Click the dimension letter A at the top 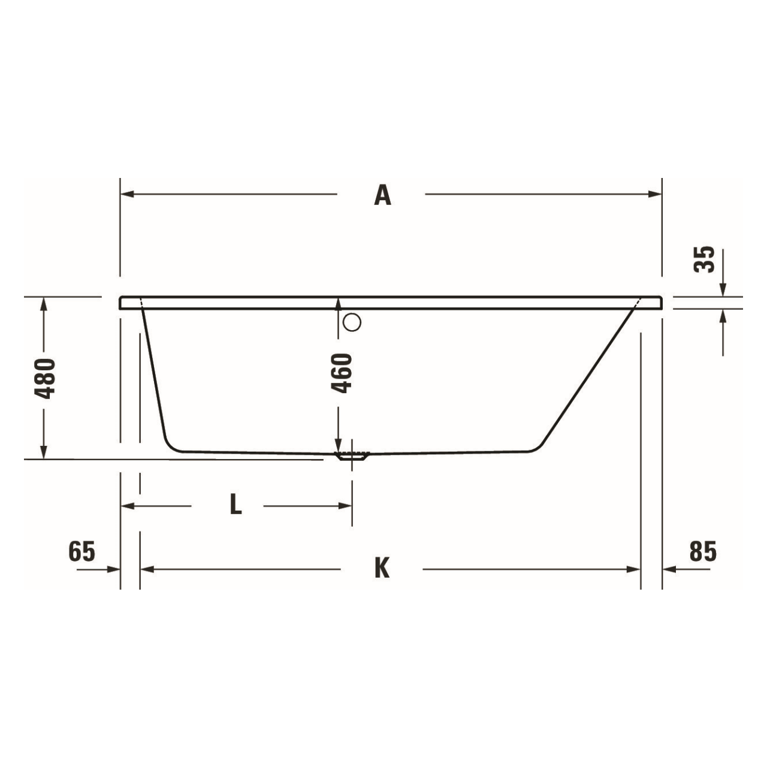(382, 195)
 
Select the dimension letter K (382, 568)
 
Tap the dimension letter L (235, 505)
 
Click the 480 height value (46, 378)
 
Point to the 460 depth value (342, 373)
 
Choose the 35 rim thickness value (705, 259)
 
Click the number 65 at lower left (82, 551)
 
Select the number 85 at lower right (702, 551)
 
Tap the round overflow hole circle (352, 323)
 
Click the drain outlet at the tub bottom (353, 456)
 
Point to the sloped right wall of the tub (587, 378)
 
